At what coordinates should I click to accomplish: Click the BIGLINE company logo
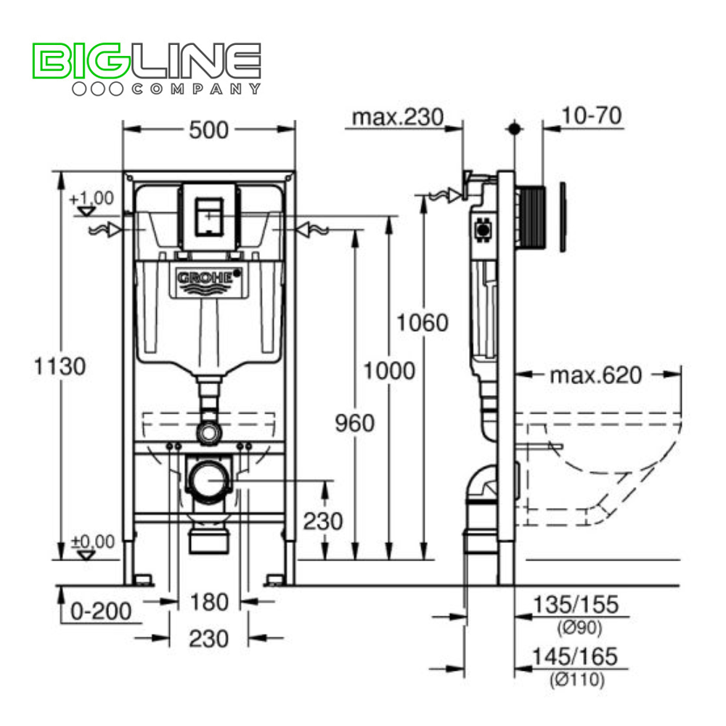147,69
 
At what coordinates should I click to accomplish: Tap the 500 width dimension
209,130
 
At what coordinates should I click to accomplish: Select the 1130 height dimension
60,366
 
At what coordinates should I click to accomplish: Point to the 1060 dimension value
423,322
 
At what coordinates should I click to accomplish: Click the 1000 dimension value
389,371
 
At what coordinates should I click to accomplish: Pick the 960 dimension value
355,423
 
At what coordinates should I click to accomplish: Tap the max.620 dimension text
596,375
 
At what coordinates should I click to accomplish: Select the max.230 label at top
398,117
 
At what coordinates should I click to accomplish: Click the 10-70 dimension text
591,115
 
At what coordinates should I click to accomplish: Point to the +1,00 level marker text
91,198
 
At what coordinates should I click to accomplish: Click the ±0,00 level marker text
92,542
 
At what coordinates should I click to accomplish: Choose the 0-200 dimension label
101,611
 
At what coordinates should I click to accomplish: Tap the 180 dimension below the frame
209,602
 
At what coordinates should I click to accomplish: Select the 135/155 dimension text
576,604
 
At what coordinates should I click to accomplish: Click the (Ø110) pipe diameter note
577,680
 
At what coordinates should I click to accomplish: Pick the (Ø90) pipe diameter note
579,627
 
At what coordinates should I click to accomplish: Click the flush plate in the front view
209,216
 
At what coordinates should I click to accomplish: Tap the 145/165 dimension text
574,656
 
